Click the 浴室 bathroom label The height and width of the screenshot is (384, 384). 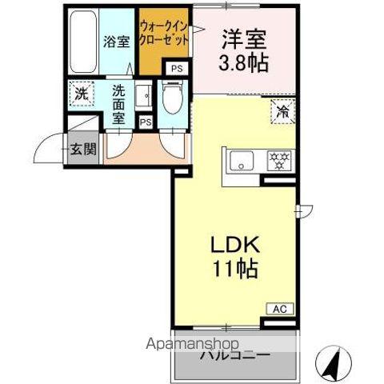click(117, 42)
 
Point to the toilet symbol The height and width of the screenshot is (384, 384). click(172, 100)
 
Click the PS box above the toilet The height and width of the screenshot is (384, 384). click(177, 69)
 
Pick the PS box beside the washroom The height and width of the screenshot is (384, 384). click(145, 122)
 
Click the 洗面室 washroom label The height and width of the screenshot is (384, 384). click(118, 103)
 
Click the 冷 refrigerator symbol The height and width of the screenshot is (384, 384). click(282, 113)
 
